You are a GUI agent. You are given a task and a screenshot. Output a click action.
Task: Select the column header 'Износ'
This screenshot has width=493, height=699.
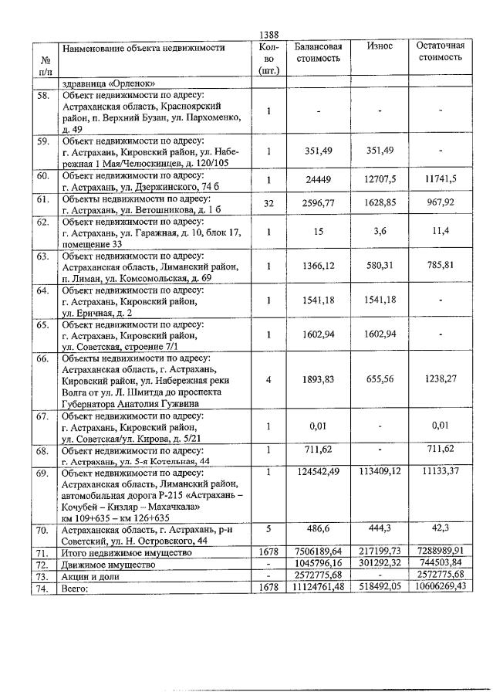380,46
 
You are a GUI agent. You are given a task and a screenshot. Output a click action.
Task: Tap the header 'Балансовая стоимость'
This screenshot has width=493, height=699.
318,52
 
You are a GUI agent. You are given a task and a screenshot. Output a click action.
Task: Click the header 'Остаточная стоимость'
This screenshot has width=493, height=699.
440,52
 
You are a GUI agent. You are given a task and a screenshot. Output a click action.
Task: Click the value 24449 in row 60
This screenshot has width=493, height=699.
318,178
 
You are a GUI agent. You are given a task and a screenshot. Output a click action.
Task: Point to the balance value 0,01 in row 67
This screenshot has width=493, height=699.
318,425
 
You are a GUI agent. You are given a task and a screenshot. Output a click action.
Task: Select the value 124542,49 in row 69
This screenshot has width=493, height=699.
318,472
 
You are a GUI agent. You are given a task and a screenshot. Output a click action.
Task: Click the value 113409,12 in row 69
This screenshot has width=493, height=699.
380,472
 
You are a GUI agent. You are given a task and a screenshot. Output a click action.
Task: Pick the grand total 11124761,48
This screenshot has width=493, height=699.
318,589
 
